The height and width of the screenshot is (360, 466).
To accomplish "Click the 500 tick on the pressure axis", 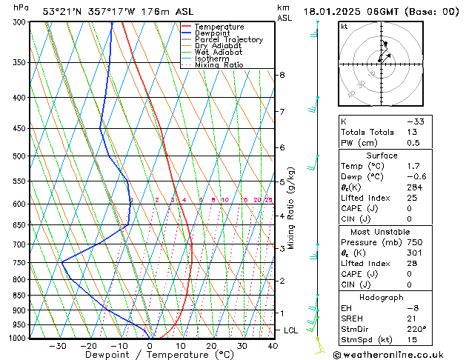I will click(20, 156).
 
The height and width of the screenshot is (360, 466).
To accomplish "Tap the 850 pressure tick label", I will click(20, 296).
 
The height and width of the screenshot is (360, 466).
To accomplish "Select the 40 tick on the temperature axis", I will click(273, 345).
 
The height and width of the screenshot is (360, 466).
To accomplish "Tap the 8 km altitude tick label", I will click(282, 75).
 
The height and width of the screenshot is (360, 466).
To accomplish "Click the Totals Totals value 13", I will click(411, 132).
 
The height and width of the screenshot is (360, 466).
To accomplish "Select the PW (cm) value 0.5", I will click(413, 143).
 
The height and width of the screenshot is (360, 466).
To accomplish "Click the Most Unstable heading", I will click(382, 232).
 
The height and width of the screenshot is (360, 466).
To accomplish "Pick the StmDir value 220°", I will click(416, 330).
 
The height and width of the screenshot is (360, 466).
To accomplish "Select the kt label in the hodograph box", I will click(344, 26).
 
